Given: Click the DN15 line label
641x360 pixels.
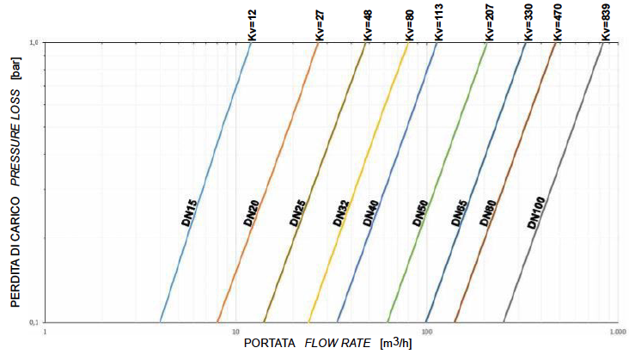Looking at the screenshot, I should tap(190, 212).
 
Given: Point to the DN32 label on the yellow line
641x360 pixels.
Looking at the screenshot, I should tap(340, 212).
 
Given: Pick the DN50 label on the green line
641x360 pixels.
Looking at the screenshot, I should tap(420, 212).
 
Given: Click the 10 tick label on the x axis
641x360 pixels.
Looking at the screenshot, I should tap(235, 331).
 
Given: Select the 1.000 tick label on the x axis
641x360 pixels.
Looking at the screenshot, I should tap(614, 331).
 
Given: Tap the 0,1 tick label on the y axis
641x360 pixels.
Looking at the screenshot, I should tap(34, 322).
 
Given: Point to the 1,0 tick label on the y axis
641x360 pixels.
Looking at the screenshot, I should tap(34, 42).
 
